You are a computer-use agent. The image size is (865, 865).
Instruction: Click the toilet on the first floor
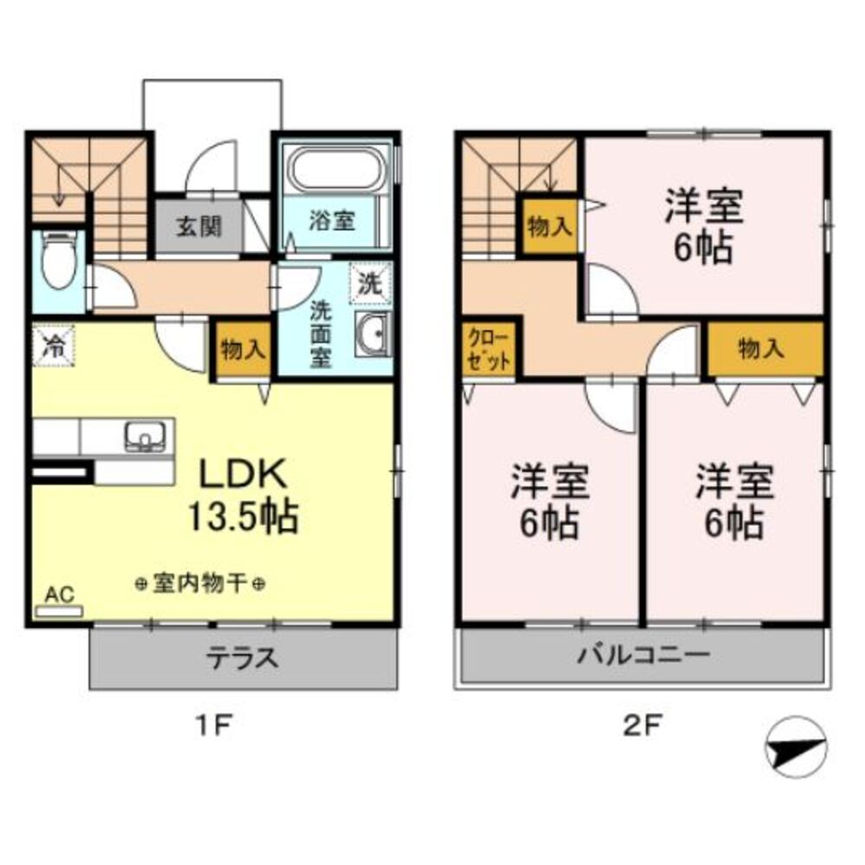click(58, 259)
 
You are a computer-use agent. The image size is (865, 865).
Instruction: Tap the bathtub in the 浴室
click(338, 169)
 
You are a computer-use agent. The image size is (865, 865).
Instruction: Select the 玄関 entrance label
click(199, 227)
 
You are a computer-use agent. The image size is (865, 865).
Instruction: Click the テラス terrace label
click(242, 658)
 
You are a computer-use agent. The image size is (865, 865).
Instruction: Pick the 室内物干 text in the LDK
click(200, 585)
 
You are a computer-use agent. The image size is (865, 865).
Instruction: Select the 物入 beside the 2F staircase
click(549, 226)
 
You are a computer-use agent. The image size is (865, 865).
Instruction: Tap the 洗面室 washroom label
click(321, 332)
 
